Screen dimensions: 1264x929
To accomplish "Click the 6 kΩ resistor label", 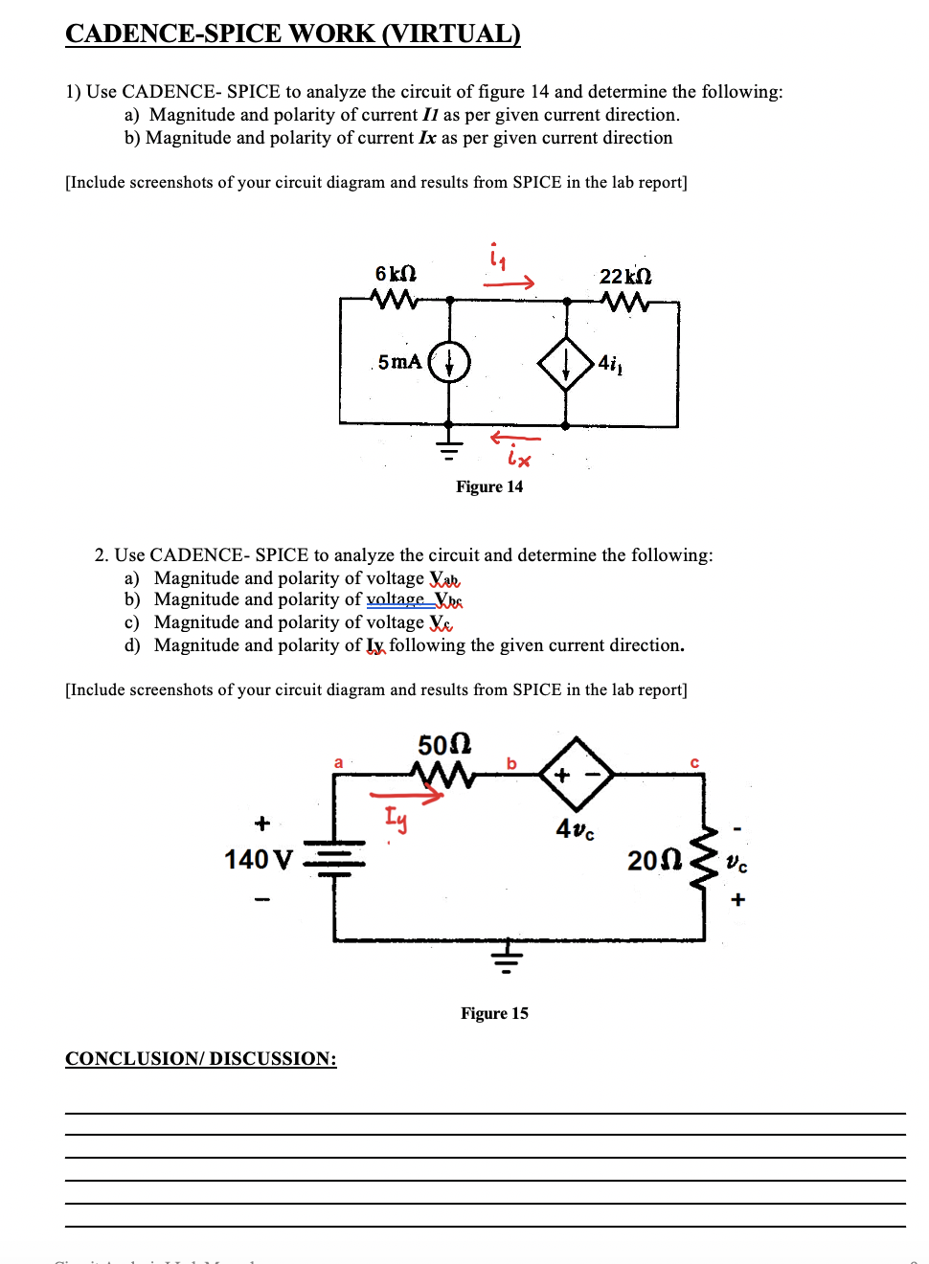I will (396, 274).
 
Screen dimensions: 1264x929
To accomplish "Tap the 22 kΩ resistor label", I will (625, 276).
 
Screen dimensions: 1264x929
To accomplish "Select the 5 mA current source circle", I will (449, 362).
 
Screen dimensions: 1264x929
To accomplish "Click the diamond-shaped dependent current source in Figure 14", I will (566, 363).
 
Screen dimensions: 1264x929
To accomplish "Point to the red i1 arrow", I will (509, 282).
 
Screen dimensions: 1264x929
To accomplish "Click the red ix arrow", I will (515, 439).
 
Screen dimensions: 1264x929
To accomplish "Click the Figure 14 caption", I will (489, 486).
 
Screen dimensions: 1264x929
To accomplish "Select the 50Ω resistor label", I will (444, 745).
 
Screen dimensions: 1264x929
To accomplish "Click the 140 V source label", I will (259, 860).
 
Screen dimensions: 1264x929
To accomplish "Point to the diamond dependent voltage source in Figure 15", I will (577, 774).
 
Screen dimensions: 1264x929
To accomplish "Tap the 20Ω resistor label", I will (655, 860).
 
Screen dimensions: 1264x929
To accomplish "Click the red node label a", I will (338, 763).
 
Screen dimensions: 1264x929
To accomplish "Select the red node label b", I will (511, 763).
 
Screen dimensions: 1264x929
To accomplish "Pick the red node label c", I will (694, 763).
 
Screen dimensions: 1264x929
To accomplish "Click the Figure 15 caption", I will (494, 1013).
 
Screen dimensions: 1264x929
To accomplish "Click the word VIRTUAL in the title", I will (451, 34).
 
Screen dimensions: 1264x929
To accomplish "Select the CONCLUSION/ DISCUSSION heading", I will (201, 1058).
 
